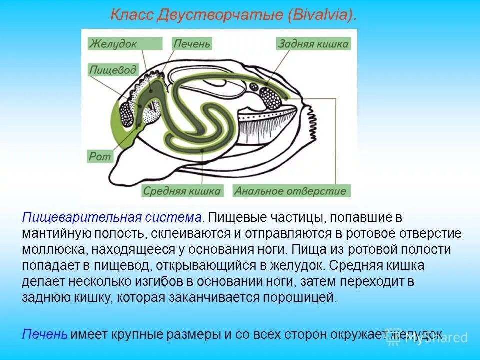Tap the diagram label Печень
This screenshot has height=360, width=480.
click(x=192, y=44)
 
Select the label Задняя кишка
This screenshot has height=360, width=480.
click(x=313, y=44)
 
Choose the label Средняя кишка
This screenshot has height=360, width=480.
click(x=182, y=191)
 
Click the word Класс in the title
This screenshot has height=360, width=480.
click(x=131, y=15)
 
